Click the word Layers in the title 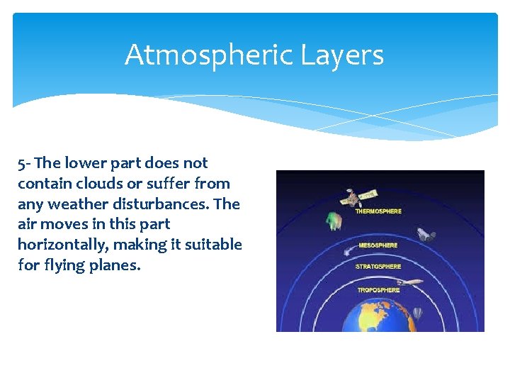click(x=346, y=55)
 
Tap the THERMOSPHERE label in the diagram click(x=378, y=211)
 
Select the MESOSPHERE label click(x=378, y=245)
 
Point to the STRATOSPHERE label click(x=378, y=267)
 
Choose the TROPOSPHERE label click(x=378, y=290)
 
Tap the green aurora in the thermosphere click(x=334, y=221)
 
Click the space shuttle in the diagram click(x=425, y=235)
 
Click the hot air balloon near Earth click(x=418, y=312)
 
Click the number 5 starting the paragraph click(x=21, y=163)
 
